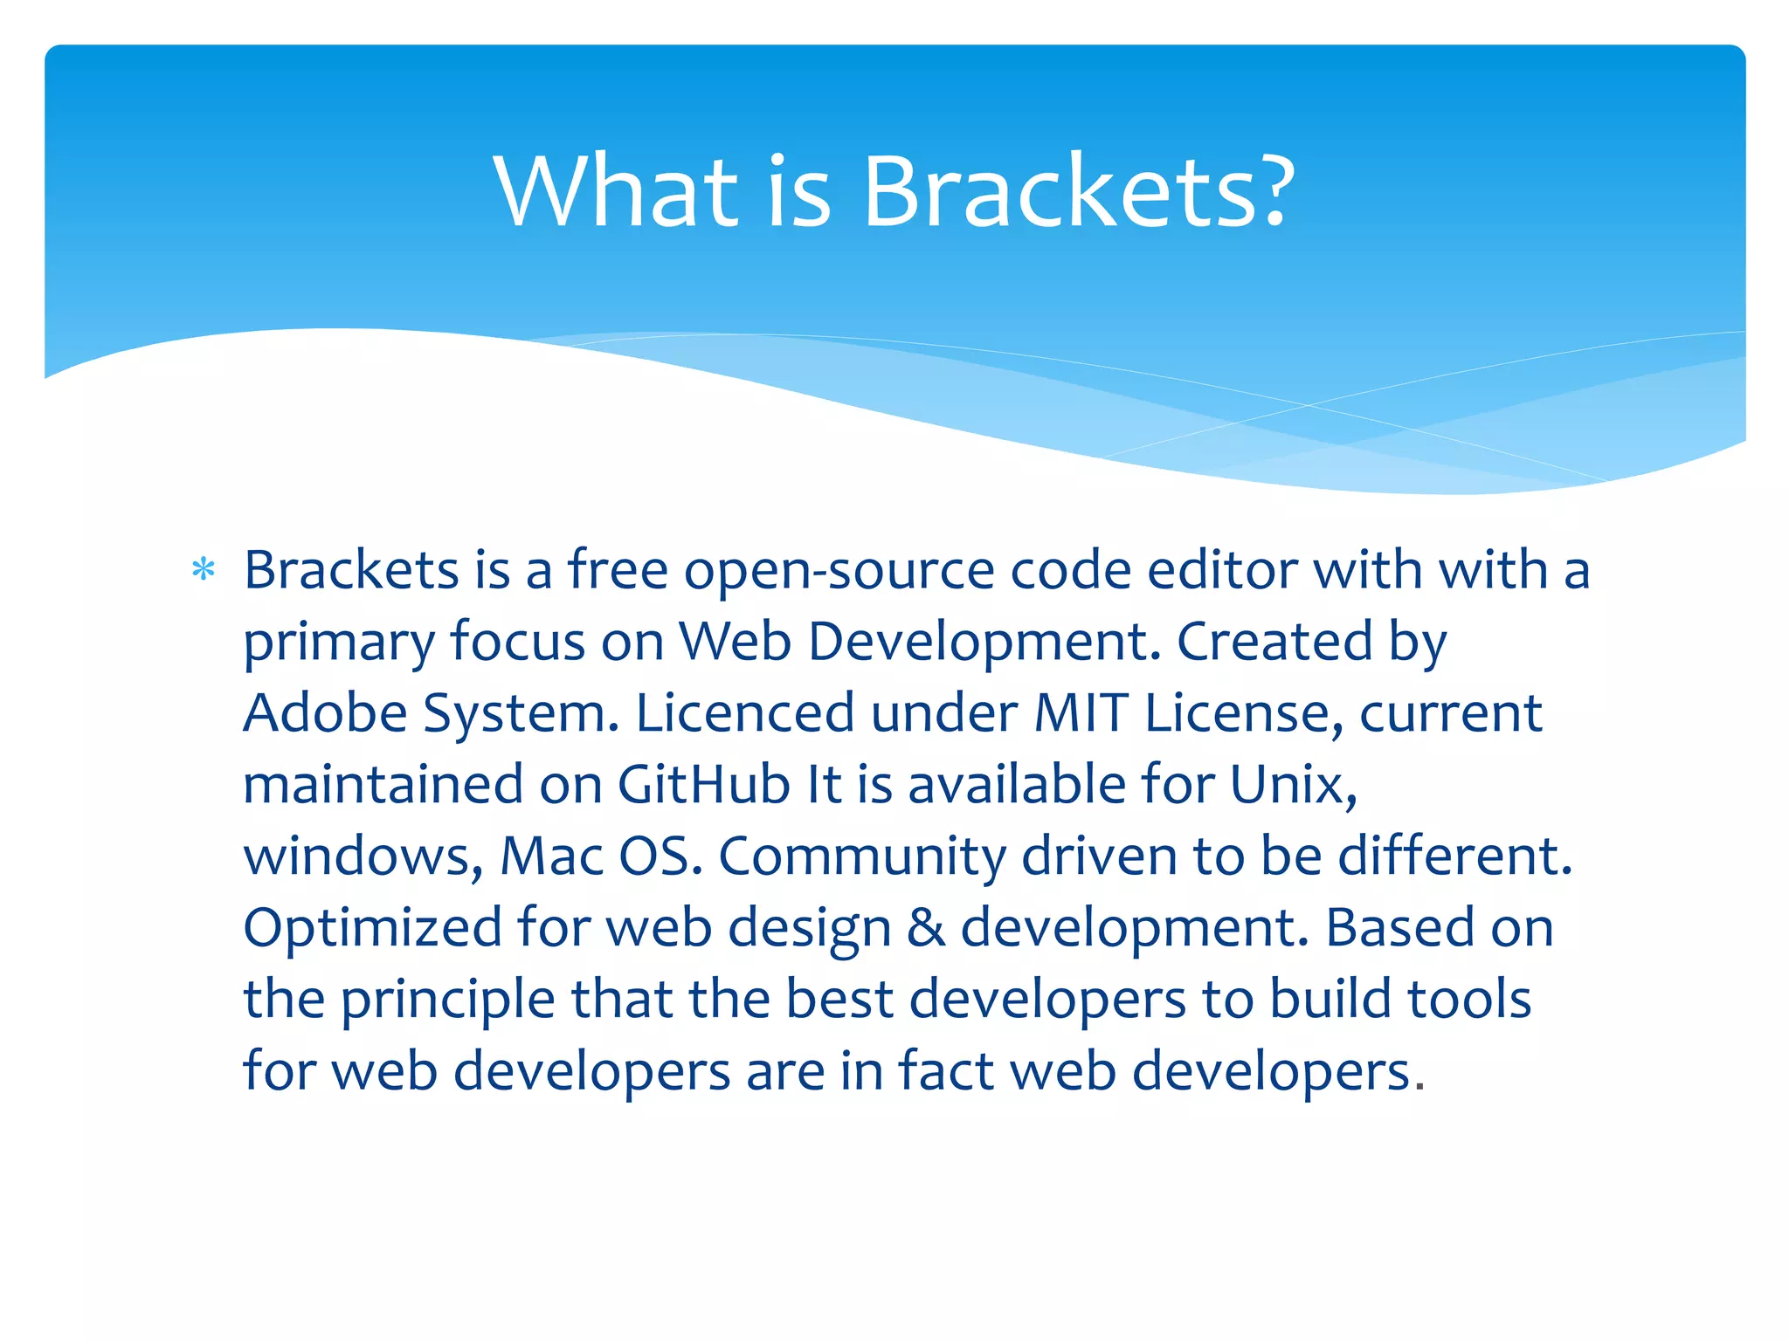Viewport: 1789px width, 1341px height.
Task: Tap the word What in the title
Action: (x=616, y=192)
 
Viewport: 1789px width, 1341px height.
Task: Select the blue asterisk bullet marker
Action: (x=204, y=571)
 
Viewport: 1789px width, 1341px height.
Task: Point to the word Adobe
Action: (x=325, y=713)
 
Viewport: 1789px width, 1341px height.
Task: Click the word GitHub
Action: (x=703, y=785)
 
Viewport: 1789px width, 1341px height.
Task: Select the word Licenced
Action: (x=744, y=713)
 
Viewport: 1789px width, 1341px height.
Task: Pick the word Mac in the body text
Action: (x=551, y=856)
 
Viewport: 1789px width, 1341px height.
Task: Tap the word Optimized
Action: (x=372, y=928)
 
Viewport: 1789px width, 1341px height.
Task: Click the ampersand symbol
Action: (x=926, y=928)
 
